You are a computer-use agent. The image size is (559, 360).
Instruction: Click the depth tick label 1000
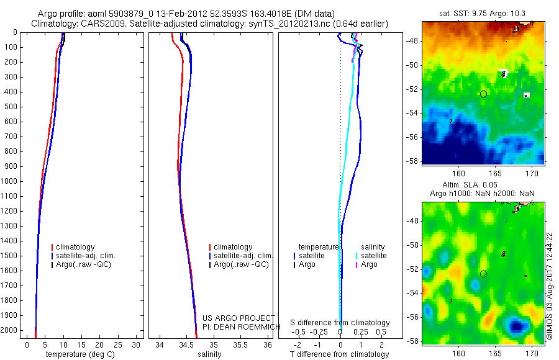click(11, 181)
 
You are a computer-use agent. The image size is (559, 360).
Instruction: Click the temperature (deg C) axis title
click(79, 354)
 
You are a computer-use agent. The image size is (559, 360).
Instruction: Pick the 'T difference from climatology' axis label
click(339, 354)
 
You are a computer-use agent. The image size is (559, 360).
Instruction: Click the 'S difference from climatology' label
click(340, 323)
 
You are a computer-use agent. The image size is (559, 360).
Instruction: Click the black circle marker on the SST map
click(483, 94)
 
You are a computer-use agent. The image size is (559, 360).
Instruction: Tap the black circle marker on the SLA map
click(483, 274)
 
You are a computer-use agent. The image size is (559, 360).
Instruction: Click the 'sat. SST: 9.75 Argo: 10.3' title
click(483, 14)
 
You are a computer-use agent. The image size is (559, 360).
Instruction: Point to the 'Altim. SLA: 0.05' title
click(483, 186)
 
